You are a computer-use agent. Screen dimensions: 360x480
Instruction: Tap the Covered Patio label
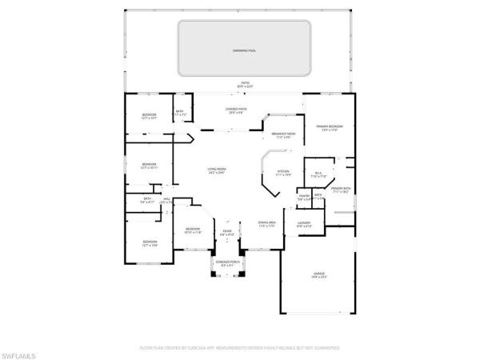(235, 110)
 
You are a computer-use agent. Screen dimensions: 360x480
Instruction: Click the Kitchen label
(283, 172)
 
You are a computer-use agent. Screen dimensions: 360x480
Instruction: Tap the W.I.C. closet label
(318, 174)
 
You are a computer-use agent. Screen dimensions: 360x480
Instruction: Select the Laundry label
(303, 224)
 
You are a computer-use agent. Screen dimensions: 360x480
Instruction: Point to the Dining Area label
(267, 223)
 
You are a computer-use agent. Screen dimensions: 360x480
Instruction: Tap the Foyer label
(226, 233)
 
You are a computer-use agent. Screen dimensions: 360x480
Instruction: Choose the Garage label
(319, 276)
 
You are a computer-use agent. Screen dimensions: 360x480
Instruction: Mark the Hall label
(167, 201)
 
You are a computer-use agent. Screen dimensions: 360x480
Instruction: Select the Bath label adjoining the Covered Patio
(179, 113)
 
